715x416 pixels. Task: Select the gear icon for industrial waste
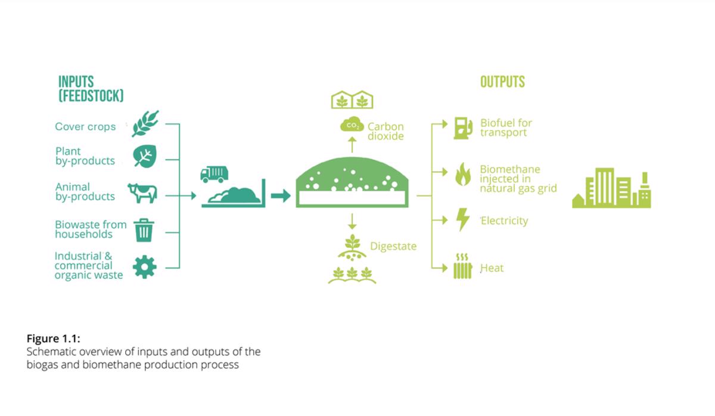coord(144,266)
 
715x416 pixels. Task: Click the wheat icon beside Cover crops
coord(145,124)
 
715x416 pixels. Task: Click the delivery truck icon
coord(213,173)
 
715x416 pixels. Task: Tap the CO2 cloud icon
coord(351,126)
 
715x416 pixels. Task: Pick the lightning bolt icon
coord(462,220)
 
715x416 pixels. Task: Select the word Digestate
coord(393,246)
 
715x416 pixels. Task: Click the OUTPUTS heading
coord(502,82)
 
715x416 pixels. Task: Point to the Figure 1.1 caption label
coord(54,339)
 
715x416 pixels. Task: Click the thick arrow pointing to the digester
coord(281,195)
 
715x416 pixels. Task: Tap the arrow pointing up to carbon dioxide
coord(352,144)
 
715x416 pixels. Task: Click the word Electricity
coord(504,221)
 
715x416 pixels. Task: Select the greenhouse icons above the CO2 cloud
coord(352,100)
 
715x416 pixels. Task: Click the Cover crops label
coord(85,126)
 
